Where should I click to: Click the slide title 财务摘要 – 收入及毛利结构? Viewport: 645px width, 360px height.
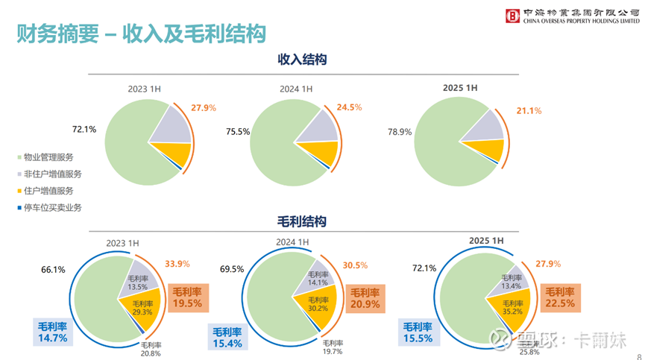(142, 34)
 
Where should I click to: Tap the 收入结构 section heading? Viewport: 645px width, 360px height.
(303, 59)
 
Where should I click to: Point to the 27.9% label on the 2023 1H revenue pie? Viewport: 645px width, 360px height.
(204, 108)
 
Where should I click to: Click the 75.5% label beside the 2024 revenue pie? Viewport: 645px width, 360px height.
(237, 132)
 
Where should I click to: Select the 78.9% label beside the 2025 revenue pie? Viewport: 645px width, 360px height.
(399, 132)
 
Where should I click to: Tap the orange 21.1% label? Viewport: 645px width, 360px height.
(529, 111)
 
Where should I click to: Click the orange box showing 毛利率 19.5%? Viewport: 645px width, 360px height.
(188, 297)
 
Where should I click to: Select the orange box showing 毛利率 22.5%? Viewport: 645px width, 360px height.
(559, 297)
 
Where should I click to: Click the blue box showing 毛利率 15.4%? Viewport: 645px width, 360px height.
(227, 338)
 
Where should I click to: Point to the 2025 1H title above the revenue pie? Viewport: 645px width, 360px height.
(459, 88)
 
